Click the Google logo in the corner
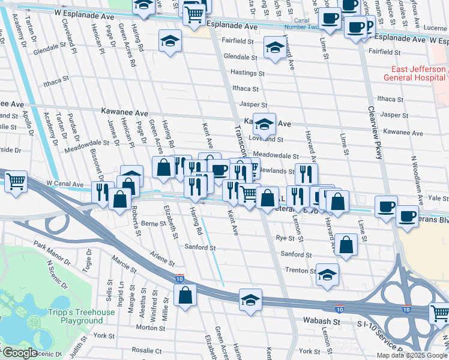tap(20, 353)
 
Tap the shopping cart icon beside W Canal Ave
tap(16, 180)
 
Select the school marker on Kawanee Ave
tap(264, 125)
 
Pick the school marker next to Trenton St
tap(327, 275)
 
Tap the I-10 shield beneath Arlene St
tap(179, 278)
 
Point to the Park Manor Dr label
tap(48, 246)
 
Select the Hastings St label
tap(244, 72)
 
